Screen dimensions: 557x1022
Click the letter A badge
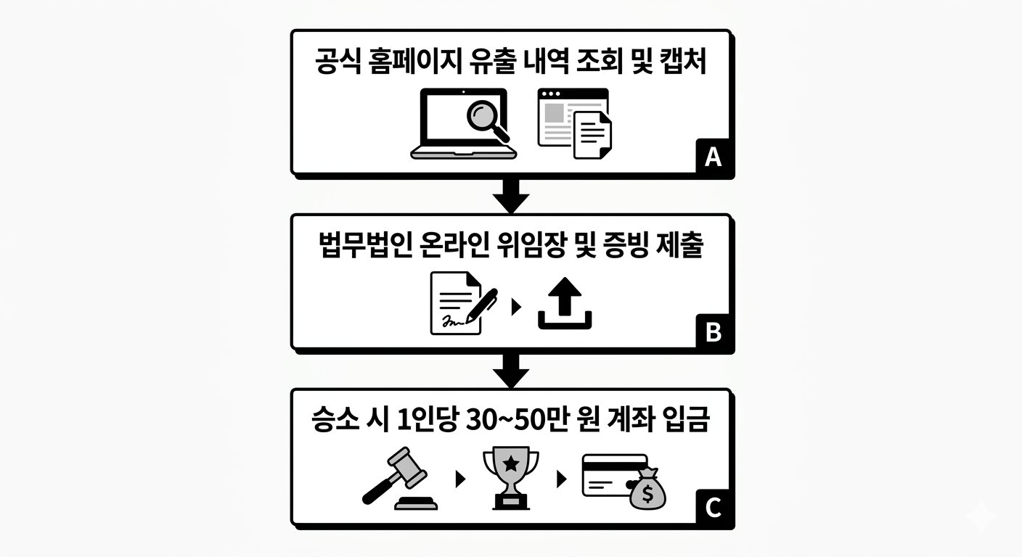pyautogui.click(x=713, y=157)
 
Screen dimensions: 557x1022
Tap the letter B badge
pyautogui.click(x=713, y=332)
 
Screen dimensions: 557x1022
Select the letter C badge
pyautogui.click(x=713, y=508)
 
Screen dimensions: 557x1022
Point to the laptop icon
pyautogui.click(x=463, y=124)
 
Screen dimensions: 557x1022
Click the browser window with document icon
pyautogui.click(x=573, y=124)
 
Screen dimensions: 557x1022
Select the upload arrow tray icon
pyautogui.click(x=565, y=305)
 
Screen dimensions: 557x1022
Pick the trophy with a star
pyautogui.click(x=511, y=477)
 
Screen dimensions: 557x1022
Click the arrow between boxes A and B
pyautogui.click(x=511, y=194)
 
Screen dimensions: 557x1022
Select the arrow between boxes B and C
pyautogui.click(x=511, y=371)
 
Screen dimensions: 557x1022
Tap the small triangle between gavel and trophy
pyautogui.click(x=459, y=479)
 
